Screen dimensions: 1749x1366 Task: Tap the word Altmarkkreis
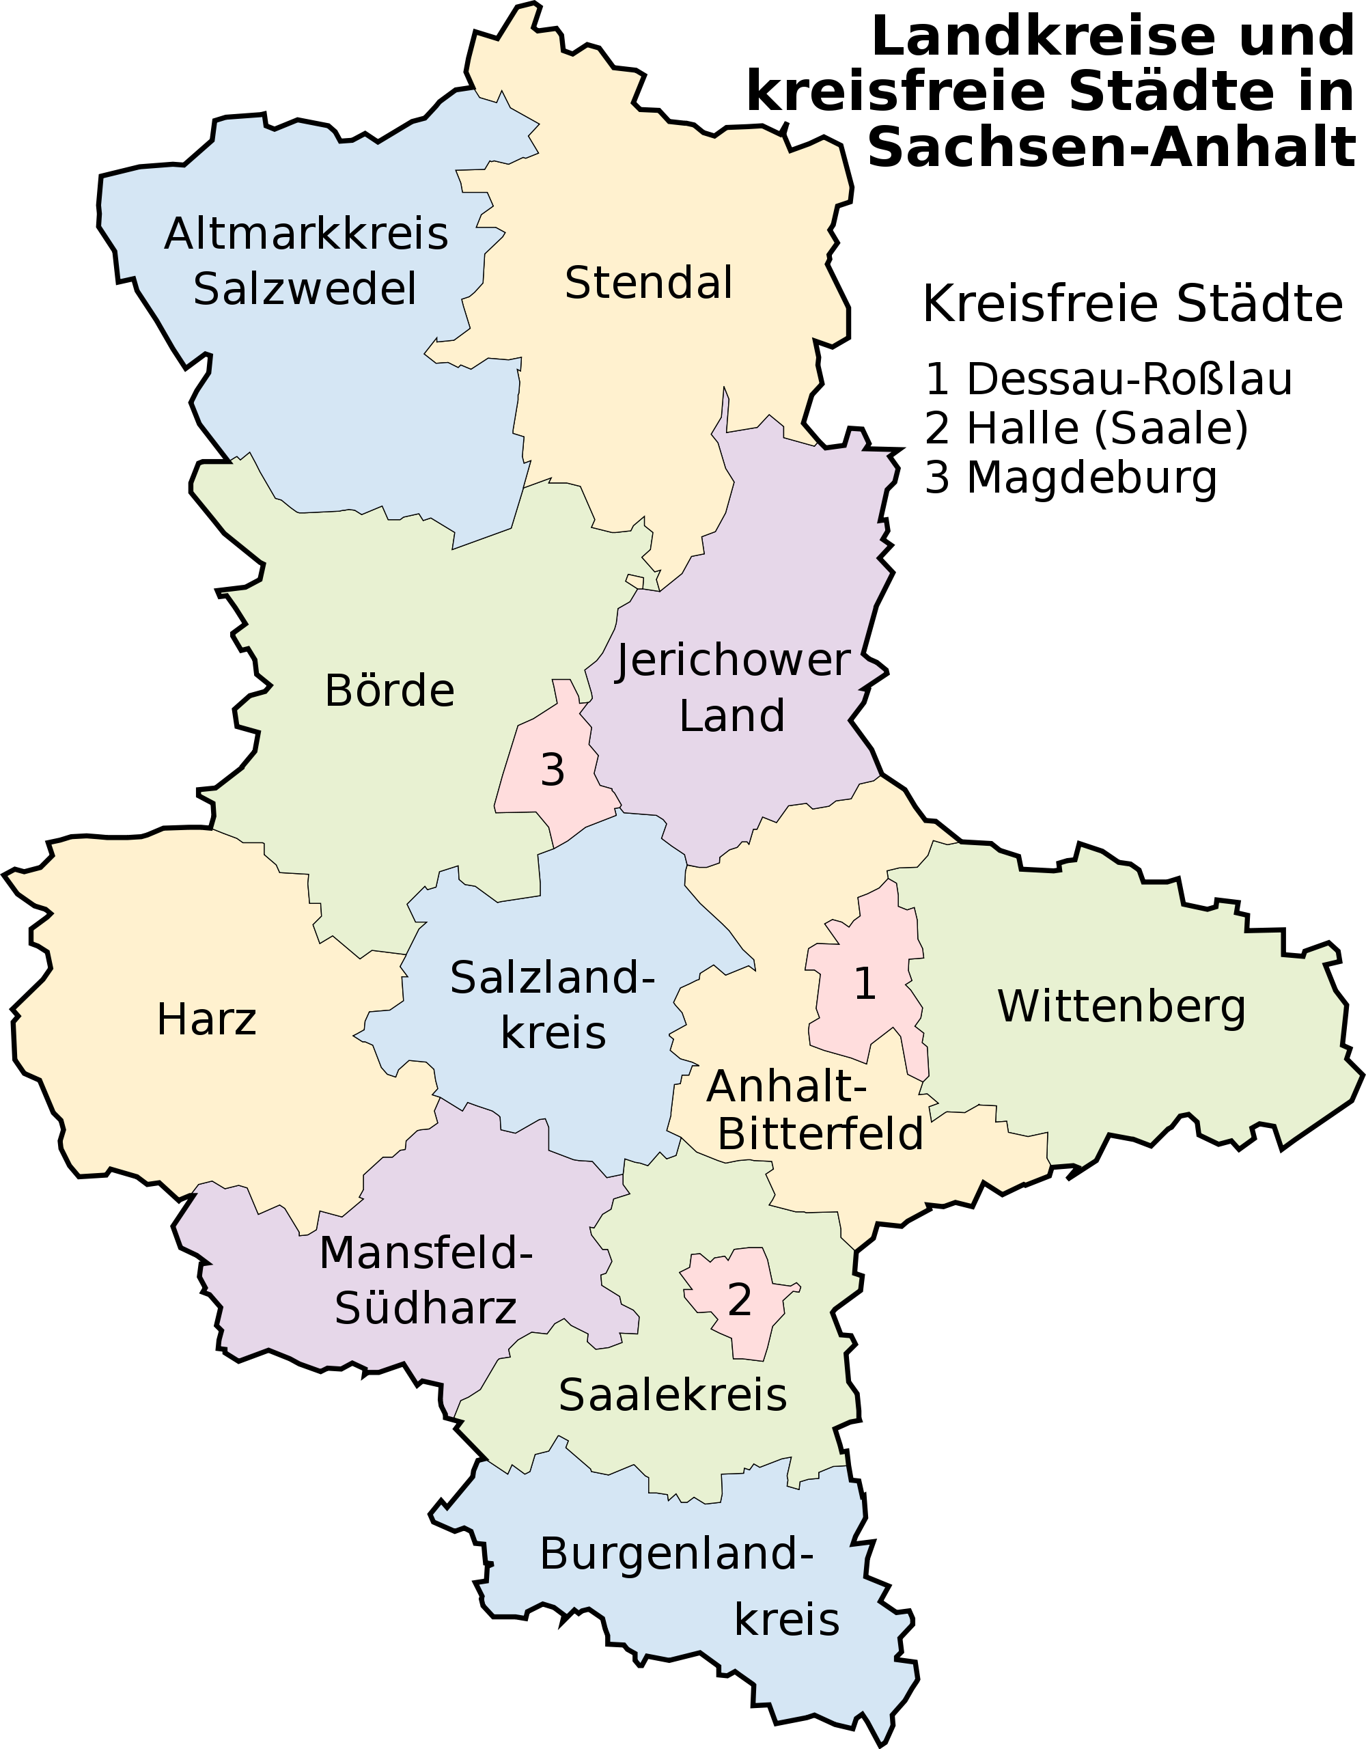(306, 234)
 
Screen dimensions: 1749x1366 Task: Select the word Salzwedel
(305, 289)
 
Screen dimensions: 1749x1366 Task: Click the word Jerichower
(732, 661)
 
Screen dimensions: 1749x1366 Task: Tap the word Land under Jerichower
(732, 716)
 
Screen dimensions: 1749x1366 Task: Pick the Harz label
(206, 1020)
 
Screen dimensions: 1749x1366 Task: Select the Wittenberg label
(1121, 1006)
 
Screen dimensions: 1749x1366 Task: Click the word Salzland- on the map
(553, 978)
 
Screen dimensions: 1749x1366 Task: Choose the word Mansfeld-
(426, 1252)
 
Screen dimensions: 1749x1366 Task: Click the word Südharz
(426, 1308)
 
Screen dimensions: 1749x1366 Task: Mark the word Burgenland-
(677, 1554)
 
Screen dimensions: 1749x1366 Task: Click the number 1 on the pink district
(865, 983)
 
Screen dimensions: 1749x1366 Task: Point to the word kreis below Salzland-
(553, 1033)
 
